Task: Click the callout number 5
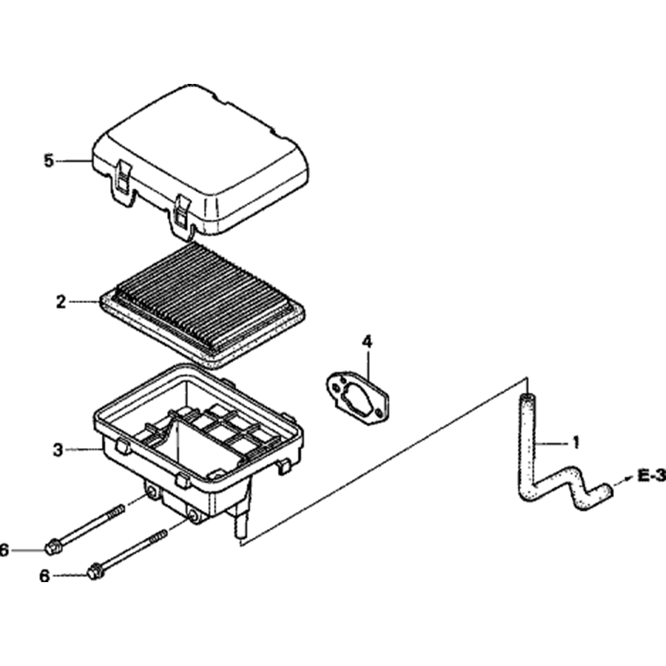pos(48,161)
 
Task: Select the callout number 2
pos(61,302)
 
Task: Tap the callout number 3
pos(58,450)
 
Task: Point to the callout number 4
pos(367,342)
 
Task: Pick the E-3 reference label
pos(651,475)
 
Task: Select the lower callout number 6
pos(45,576)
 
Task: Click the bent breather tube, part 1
pos(533,466)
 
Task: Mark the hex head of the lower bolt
pos(95,571)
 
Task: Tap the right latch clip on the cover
pos(180,214)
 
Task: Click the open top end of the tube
pos(527,398)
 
